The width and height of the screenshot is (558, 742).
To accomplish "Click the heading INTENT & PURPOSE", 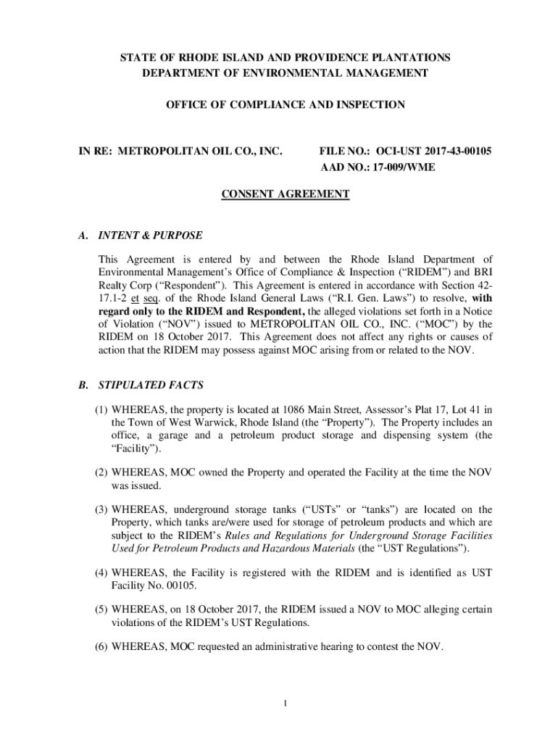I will pos(151,235).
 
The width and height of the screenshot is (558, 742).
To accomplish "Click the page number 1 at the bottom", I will pos(287,701).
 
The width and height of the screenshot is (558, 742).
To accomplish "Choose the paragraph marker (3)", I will pos(103,509).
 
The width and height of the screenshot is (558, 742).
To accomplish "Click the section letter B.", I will pos(83,385).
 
